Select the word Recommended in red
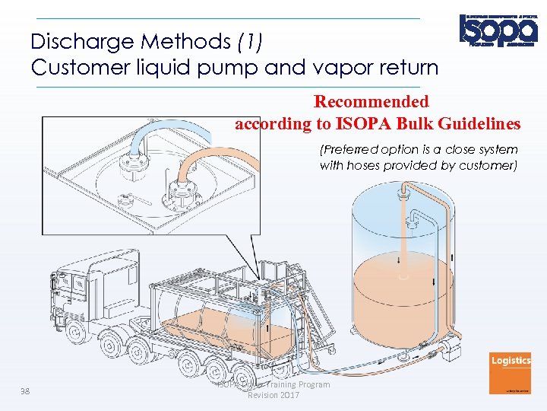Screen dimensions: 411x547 (372, 101)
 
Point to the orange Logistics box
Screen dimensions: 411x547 (511, 374)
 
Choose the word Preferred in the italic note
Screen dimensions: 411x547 (356, 150)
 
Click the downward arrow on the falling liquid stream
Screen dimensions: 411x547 (400, 260)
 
